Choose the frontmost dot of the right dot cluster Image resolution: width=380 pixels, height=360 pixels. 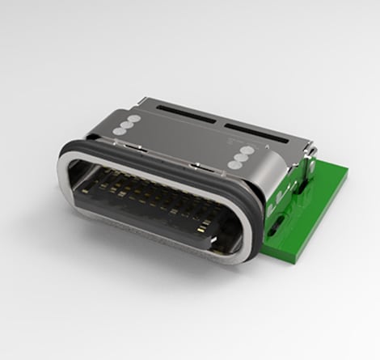pyautogui.click(x=233, y=163)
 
